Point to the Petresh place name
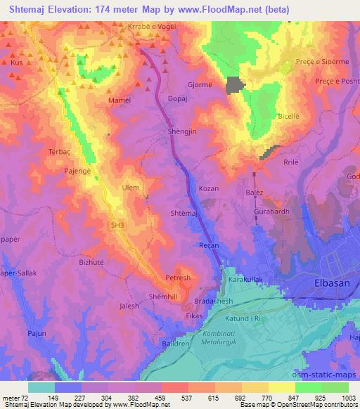177,278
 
